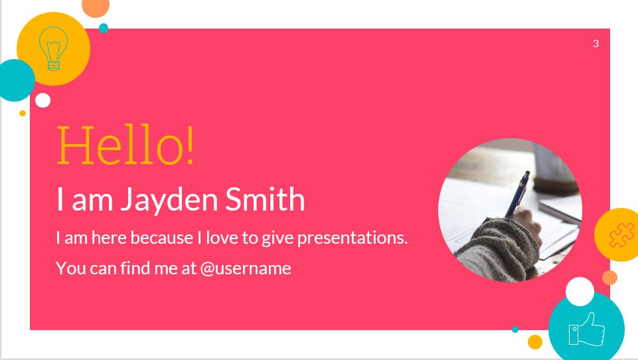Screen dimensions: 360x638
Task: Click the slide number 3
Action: point(596,44)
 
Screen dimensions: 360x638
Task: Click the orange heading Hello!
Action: point(126,145)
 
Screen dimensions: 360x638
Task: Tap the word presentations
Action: point(352,238)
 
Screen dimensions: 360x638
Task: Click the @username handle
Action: point(246,268)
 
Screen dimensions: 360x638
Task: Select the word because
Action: point(157,237)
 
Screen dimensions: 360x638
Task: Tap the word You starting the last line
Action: point(69,268)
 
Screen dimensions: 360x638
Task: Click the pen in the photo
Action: point(518,193)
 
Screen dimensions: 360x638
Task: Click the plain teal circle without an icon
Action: point(15,80)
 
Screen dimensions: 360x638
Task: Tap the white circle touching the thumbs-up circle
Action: point(580,292)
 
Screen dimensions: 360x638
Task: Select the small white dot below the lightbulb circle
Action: point(43,100)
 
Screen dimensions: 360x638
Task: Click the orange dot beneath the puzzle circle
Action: point(609,278)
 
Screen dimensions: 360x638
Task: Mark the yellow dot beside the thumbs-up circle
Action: point(535,341)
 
